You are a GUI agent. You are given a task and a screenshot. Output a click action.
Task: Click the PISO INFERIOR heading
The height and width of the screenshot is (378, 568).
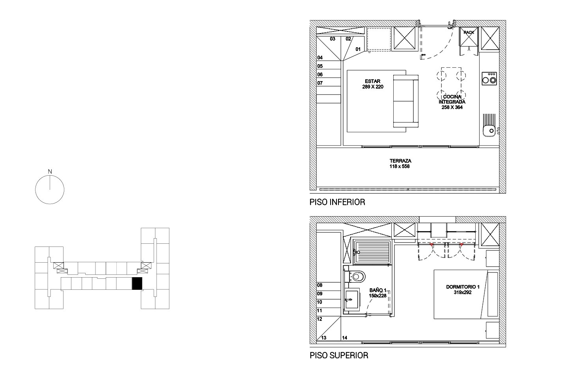(x=337, y=202)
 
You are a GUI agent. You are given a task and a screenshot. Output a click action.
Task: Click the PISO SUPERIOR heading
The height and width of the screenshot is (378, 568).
(x=339, y=356)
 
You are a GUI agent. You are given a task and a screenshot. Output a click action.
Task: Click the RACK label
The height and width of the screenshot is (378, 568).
(x=469, y=32)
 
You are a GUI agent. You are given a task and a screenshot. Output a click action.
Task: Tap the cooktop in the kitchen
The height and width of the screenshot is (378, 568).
(x=489, y=78)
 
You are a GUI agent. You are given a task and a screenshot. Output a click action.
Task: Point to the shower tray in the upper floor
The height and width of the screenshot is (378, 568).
(x=372, y=252)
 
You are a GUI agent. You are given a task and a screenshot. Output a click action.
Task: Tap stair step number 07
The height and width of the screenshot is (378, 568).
(x=320, y=83)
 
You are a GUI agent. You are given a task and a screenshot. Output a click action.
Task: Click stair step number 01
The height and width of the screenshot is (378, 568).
(x=358, y=49)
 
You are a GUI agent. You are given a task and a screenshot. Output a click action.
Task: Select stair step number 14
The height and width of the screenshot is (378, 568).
(x=345, y=337)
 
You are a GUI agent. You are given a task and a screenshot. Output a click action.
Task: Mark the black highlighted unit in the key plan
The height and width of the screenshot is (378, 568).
(x=137, y=283)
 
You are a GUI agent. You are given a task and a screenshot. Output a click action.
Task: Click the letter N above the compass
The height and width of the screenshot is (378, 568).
(x=50, y=172)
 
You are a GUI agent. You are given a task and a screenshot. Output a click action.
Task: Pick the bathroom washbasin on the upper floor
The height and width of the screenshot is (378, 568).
(x=352, y=299)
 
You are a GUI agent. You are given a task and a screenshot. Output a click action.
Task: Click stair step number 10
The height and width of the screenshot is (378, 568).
(x=319, y=302)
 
